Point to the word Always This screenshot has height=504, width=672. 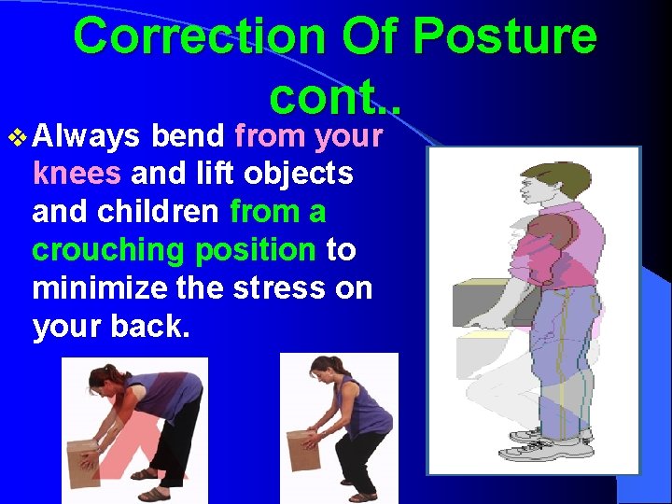(x=86, y=137)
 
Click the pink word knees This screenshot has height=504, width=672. (x=77, y=175)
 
